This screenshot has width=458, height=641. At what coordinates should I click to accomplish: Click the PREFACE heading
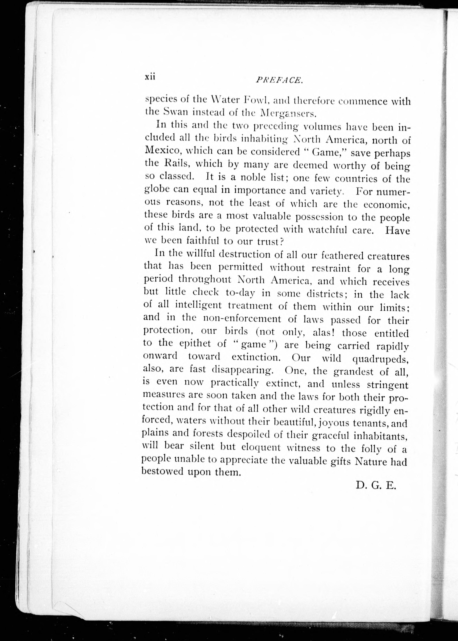pos(279,80)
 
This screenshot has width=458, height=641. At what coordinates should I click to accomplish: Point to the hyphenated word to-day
pos(240,293)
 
